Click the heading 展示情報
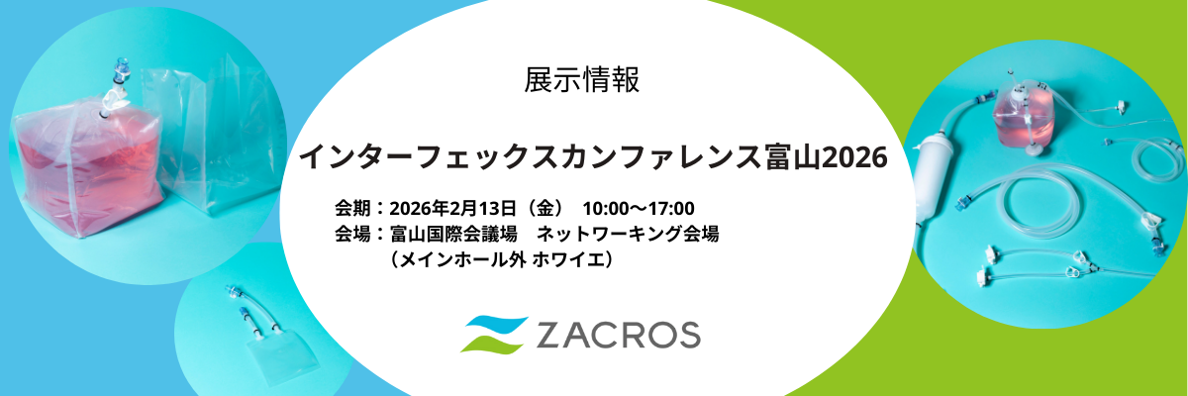click(x=581, y=80)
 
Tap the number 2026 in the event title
click(x=854, y=158)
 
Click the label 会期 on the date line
click(x=352, y=208)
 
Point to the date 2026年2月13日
click(x=452, y=208)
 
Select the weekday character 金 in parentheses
click(x=544, y=208)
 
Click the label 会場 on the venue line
click(x=352, y=234)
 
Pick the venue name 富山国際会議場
click(x=453, y=234)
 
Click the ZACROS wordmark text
click(x=619, y=335)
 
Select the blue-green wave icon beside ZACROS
click(x=494, y=335)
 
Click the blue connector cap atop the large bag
click(x=120, y=69)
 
